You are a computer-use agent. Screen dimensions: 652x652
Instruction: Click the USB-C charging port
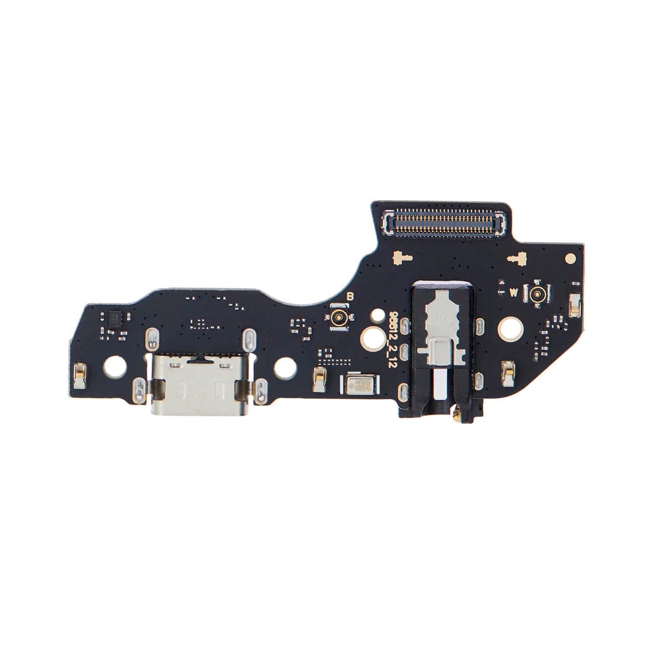click(x=195, y=388)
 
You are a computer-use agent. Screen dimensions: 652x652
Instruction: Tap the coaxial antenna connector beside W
click(x=538, y=295)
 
